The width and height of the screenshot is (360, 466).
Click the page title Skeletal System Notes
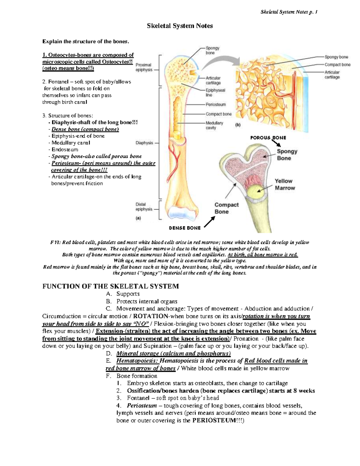click(x=180, y=26)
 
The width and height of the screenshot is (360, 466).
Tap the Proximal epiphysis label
click(x=144, y=67)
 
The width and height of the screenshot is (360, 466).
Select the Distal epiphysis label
click(x=144, y=207)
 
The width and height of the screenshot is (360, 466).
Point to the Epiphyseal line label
click(x=215, y=92)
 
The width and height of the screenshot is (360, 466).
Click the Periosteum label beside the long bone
click(x=216, y=104)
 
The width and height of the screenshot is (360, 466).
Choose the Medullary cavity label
click(x=214, y=125)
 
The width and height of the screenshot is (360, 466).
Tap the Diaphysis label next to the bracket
click(x=144, y=143)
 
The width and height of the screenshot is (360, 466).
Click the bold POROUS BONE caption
click(x=268, y=138)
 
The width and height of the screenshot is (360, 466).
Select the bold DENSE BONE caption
click(x=185, y=228)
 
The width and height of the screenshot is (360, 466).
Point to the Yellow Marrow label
click(x=285, y=185)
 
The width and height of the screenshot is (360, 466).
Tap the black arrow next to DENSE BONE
click(x=209, y=222)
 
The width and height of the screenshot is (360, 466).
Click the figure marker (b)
click(x=238, y=125)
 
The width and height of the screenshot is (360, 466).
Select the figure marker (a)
click(x=138, y=218)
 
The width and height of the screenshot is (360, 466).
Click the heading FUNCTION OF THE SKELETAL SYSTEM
click(x=111, y=286)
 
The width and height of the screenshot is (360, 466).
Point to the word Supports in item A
click(x=128, y=294)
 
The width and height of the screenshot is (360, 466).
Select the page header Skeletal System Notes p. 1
click(x=289, y=12)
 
